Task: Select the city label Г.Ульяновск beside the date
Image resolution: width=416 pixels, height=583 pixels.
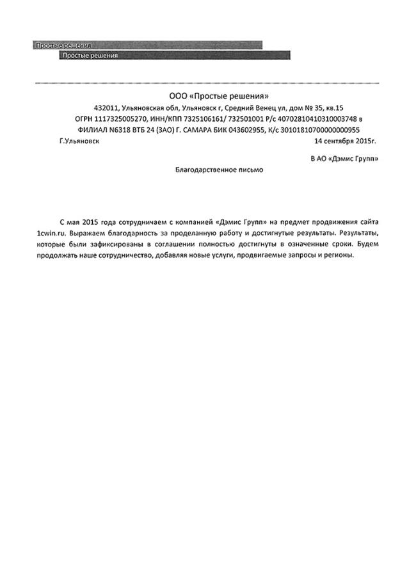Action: click(78, 140)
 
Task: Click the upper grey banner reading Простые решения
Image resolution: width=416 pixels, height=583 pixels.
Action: click(64, 46)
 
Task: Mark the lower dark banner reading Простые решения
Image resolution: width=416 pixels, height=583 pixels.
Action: click(90, 56)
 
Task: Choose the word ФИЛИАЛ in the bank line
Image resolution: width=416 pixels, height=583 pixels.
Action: click(72, 130)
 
